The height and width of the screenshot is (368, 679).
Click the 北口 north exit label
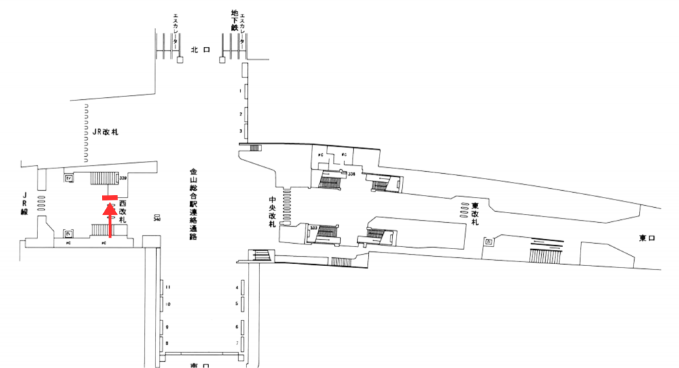tap(200, 50)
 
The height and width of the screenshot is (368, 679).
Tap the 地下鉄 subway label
tap(234, 20)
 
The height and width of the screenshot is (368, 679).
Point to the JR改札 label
tap(105, 132)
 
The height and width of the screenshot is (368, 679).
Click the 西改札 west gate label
tap(123, 212)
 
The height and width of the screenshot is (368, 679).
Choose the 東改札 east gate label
tap(475, 214)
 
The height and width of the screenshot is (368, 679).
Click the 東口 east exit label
tap(646, 238)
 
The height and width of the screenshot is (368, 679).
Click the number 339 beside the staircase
tap(123, 178)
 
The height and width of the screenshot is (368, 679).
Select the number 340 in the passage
tap(157, 219)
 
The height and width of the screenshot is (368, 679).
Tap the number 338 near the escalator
tap(352, 174)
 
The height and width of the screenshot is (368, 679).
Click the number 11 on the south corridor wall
tap(168, 287)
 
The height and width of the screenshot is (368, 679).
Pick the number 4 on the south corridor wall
tap(237, 287)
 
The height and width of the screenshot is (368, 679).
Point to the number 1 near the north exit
tap(240, 90)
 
